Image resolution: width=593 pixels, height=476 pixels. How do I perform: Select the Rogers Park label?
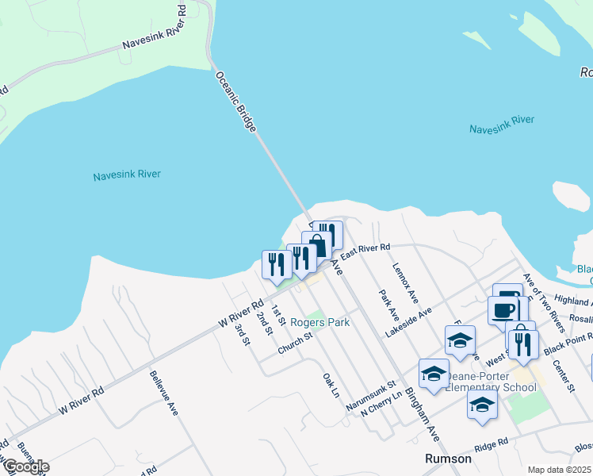click(x=319, y=322)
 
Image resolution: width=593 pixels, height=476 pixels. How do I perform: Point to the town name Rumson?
click(x=448, y=459)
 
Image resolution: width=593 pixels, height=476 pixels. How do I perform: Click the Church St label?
click(x=295, y=340)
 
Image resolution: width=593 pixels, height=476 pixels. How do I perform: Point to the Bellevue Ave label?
click(x=163, y=403)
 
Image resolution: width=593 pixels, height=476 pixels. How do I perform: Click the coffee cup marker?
click(x=503, y=309)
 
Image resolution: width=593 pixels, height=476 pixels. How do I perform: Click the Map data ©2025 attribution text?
click(x=559, y=470)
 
